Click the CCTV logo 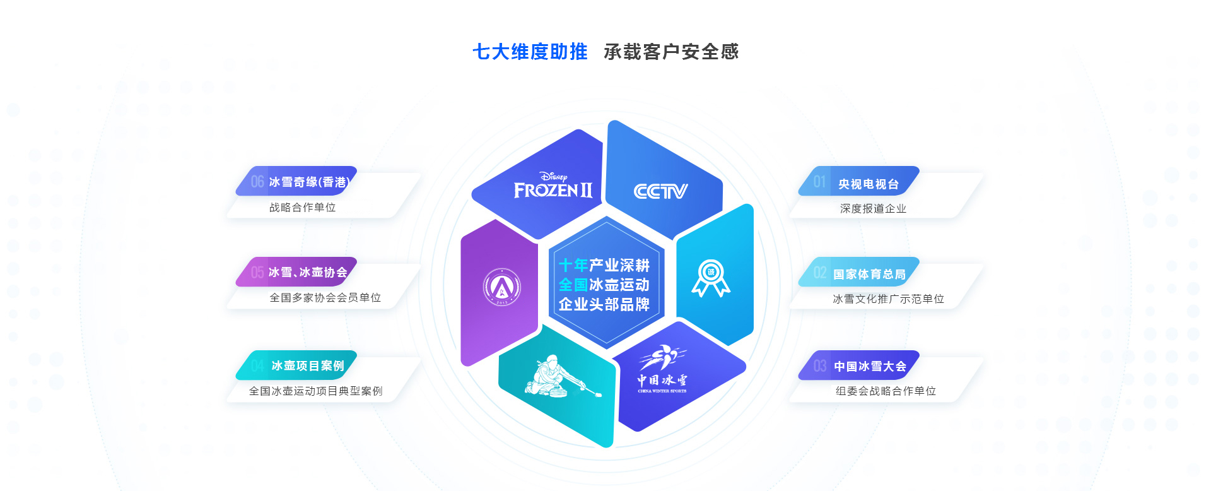tap(660, 191)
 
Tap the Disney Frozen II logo tap(553, 186)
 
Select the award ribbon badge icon tap(711, 278)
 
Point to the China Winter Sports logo tap(662, 369)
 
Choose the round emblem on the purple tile tap(501, 287)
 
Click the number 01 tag tap(819, 182)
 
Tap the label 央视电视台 tap(868, 184)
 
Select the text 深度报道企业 tap(873, 209)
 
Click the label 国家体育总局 tap(869, 275)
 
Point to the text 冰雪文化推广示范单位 tap(888, 299)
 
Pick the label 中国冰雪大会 tap(870, 367)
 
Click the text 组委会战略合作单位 tap(886, 391)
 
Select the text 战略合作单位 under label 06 tap(302, 208)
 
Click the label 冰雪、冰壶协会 tap(308, 273)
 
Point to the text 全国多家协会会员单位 tap(325, 298)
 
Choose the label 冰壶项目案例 tap(308, 366)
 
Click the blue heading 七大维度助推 tap(530, 52)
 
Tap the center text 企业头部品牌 tap(604, 305)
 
